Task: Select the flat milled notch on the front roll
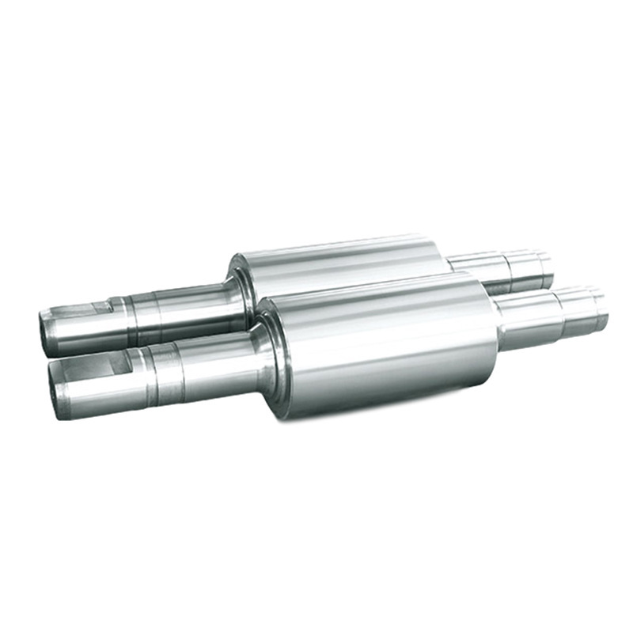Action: point(119,364)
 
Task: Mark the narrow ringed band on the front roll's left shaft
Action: point(158,372)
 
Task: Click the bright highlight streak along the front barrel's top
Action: point(372,305)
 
